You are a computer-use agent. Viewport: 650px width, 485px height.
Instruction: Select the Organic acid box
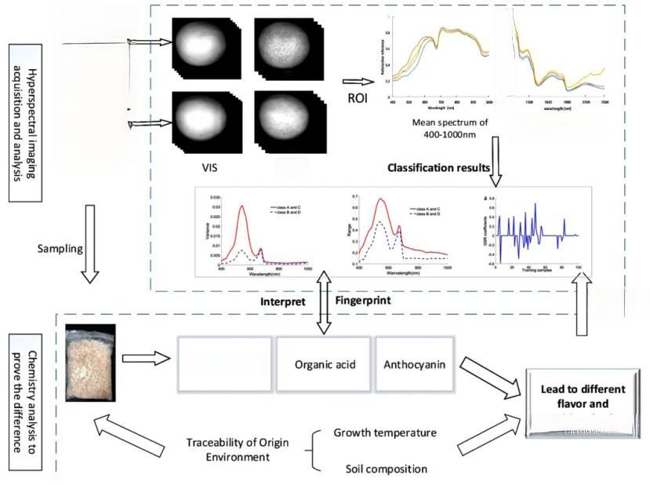pyautogui.click(x=323, y=364)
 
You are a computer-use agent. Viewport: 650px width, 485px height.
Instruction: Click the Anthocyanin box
pyautogui.click(x=413, y=364)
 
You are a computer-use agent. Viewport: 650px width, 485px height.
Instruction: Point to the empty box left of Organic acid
pyautogui.click(x=226, y=364)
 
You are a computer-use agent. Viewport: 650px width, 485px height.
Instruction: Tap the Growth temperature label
pyautogui.click(x=385, y=433)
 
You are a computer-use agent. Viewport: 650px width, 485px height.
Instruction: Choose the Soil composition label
pyautogui.click(x=387, y=469)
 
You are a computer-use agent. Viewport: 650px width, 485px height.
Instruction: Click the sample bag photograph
pyautogui.click(x=91, y=363)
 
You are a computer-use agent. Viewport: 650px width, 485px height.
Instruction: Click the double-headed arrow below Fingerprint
pyautogui.click(x=323, y=312)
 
